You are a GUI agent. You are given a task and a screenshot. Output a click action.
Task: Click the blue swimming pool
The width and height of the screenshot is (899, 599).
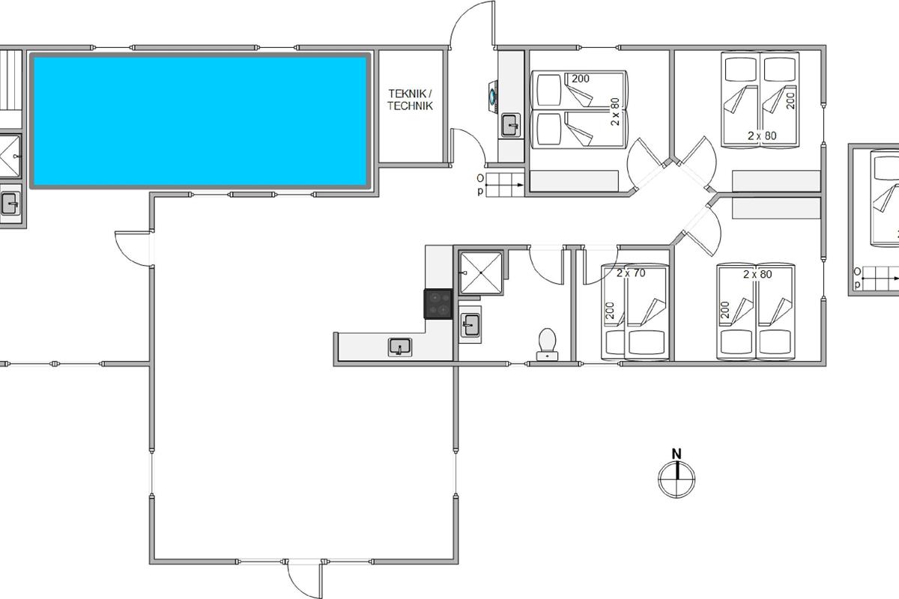click(x=200, y=121)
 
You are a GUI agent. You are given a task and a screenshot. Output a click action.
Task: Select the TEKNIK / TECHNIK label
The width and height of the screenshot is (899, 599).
click(x=411, y=100)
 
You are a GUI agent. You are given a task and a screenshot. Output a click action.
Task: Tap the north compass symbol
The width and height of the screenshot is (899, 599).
click(x=676, y=479)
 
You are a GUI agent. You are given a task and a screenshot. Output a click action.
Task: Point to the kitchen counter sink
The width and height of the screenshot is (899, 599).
click(x=400, y=347)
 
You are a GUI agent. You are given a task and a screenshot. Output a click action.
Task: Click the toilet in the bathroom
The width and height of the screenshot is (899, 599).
click(x=548, y=344)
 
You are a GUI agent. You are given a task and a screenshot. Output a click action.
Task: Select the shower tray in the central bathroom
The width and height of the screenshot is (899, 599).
click(x=481, y=273)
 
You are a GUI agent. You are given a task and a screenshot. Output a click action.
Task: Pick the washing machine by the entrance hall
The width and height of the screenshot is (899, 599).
click(x=493, y=97)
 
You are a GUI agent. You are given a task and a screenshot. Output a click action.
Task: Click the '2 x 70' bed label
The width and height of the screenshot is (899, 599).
click(x=631, y=273)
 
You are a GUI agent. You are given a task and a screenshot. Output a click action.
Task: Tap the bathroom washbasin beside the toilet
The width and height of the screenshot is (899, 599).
click(x=470, y=324)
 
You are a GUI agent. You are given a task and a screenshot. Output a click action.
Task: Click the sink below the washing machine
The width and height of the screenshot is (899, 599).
click(x=511, y=125)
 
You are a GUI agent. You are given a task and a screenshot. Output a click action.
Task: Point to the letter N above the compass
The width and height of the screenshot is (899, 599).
click(x=676, y=454)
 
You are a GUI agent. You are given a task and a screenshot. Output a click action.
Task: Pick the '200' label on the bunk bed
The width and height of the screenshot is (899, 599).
click(x=581, y=79)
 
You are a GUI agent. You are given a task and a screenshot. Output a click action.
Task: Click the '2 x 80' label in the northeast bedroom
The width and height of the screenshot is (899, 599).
click(x=762, y=136)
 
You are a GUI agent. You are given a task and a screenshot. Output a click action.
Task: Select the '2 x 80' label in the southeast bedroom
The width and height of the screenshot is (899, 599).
click(x=757, y=275)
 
